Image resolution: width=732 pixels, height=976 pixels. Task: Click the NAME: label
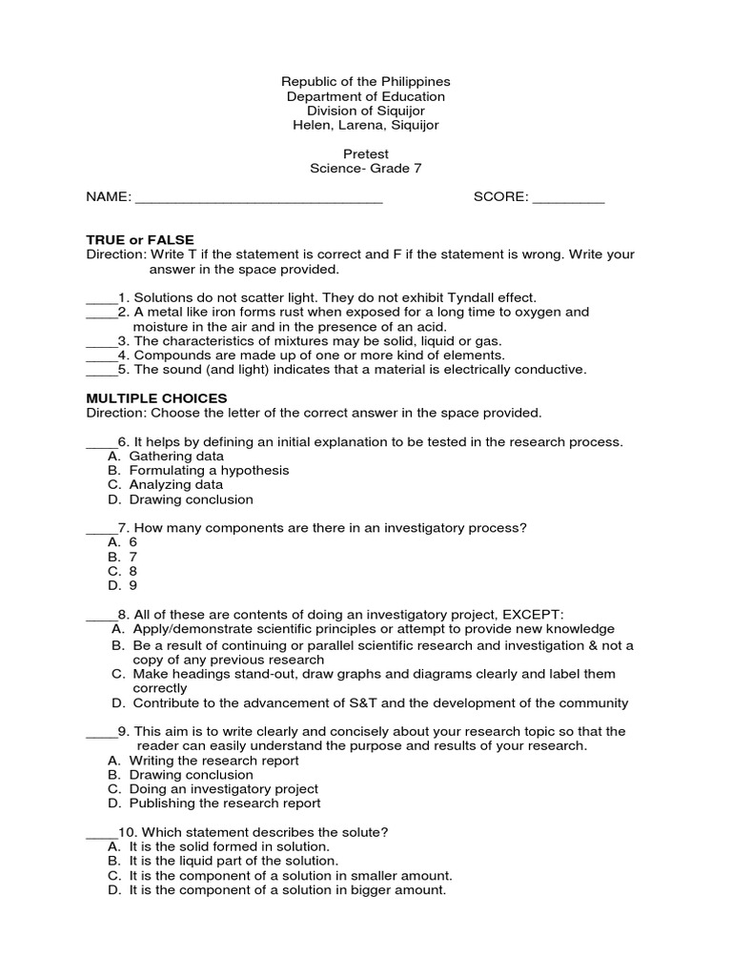click(x=108, y=197)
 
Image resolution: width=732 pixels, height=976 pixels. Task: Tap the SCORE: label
click(x=500, y=197)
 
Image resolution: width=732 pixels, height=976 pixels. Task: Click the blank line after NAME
click(x=258, y=200)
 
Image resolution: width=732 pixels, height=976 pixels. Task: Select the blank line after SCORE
click(x=568, y=200)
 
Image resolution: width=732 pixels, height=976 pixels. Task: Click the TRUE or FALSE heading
click(x=140, y=240)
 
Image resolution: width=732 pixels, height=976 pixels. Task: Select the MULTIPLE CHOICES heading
click(x=157, y=397)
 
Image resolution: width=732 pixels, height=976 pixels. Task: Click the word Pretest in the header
click(x=365, y=153)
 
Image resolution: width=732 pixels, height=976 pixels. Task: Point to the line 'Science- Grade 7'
click(x=365, y=169)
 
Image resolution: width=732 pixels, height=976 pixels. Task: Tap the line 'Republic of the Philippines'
click(x=365, y=82)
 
